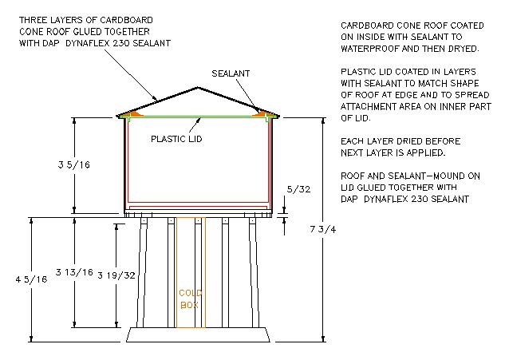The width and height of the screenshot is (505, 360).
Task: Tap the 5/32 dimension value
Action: click(296, 189)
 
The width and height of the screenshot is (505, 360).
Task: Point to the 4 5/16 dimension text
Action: click(18, 279)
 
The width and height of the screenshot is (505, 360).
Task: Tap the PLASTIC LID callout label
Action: click(176, 137)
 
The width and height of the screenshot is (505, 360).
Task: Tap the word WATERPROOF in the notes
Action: click(365, 47)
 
